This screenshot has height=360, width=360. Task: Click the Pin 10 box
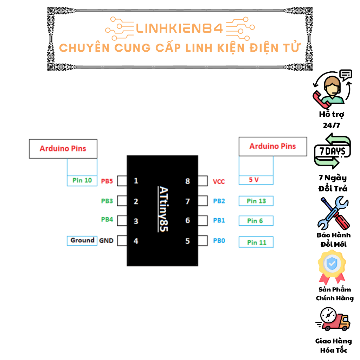pyautogui.click(x=82, y=180)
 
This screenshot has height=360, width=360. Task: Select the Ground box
pyautogui.click(x=82, y=240)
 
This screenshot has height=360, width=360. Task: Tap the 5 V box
pyautogui.click(x=256, y=180)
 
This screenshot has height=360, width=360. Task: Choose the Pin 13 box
pyautogui.click(x=256, y=201)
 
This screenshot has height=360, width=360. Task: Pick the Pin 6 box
pyautogui.click(x=256, y=221)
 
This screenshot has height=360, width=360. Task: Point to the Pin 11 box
pyautogui.click(x=256, y=242)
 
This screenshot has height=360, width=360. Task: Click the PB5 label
pyautogui.click(x=107, y=181)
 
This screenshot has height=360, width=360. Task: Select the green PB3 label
pyautogui.click(x=107, y=201)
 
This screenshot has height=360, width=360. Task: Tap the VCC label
pyautogui.click(x=219, y=182)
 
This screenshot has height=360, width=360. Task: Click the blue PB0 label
pyautogui.click(x=219, y=241)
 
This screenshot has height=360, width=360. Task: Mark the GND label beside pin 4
pyautogui.click(x=106, y=241)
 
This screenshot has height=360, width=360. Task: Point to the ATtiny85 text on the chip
pyautogui.click(x=163, y=209)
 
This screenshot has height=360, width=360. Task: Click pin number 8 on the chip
pyautogui.click(x=188, y=181)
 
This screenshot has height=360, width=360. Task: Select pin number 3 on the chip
pyautogui.click(x=136, y=221)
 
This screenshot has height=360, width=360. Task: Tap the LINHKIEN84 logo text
pyautogui.click(x=179, y=28)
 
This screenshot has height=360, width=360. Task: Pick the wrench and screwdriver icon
pyautogui.click(x=333, y=213)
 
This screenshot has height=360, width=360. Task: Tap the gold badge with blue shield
pyautogui.click(x=332, y=266)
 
